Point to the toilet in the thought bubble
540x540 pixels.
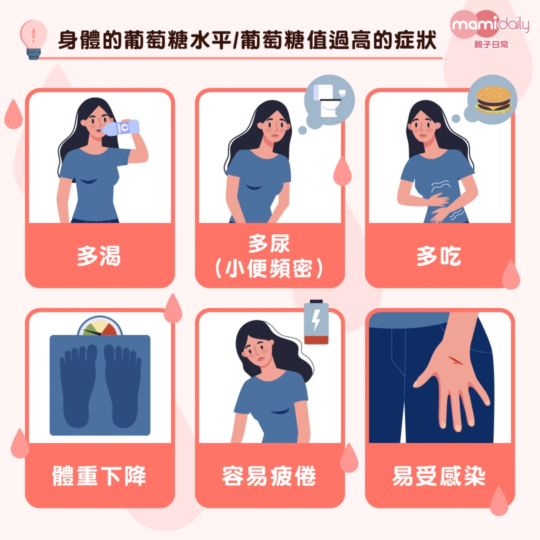tap(329, 100)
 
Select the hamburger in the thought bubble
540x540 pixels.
tap(493, 99)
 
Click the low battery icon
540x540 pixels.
tap(316, 322)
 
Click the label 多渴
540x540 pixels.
tap(99, 256)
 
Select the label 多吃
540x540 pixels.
tap(438, 256)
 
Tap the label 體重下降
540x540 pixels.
tap(99, 476)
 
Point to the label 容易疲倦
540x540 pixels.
tap(269, 476)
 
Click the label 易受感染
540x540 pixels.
tap(438, 476)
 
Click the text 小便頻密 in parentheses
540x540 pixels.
tap(269, 268)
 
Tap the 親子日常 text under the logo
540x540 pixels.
tap(491, 44)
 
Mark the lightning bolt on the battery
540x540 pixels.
tap(316, 319)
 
